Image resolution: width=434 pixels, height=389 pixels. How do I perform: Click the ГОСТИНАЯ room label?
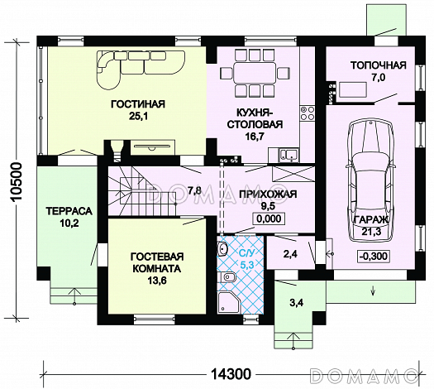tap(138, 104)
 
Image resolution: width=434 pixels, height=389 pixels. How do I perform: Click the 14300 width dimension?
tap(231, 374)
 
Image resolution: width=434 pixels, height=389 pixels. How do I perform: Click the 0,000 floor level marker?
tap(269, 219)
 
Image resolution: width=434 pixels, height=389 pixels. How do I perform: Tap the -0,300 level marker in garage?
tap(373, 256)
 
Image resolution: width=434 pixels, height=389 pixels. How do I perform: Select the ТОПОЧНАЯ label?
tap(379, 65)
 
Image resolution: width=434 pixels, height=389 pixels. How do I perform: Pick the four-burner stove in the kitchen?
tap(308, 113)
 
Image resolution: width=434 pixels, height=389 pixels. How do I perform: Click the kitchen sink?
tap(289, 155)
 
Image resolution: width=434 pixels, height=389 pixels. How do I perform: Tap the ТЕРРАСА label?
tap(69, 211)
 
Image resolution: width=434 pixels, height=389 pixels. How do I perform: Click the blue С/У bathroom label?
tap(247, 253)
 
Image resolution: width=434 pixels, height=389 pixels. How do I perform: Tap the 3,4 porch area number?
tap(296, 303)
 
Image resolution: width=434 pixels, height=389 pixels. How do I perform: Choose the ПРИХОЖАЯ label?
tap(268, 194)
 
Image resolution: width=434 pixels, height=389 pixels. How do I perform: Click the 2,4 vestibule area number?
tap(290, 254)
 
